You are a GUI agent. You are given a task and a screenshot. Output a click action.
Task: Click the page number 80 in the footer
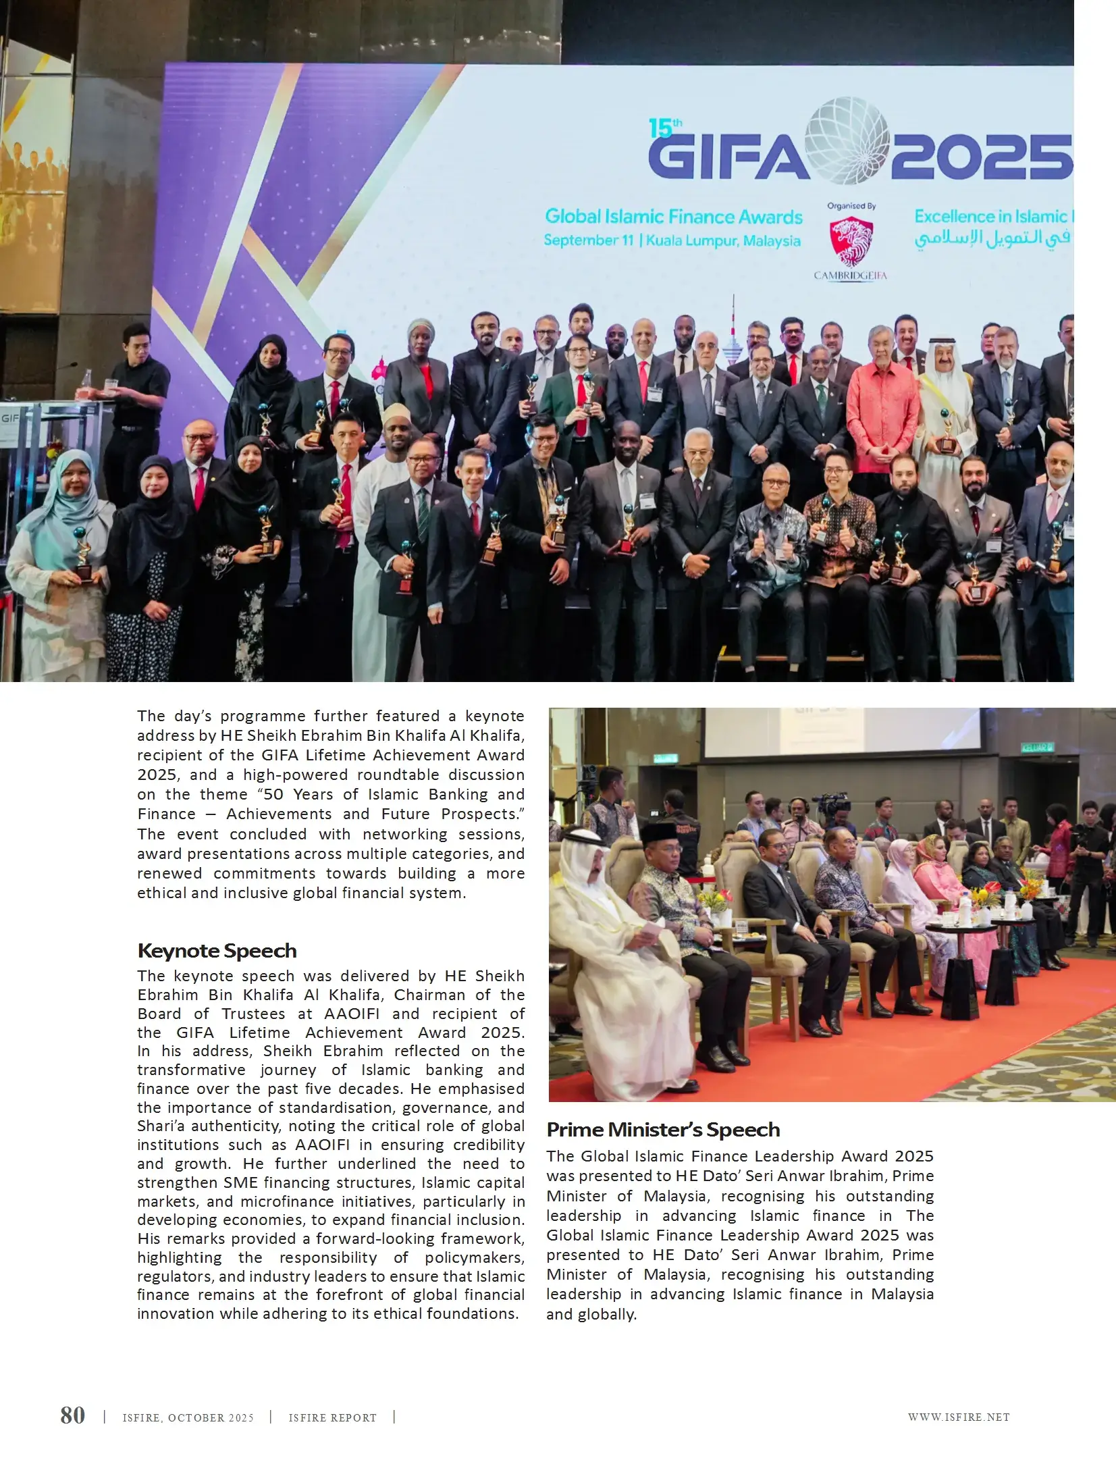click(x=73, y=1415)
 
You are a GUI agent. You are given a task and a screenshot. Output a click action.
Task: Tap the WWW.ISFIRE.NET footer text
click(x=958, y=1417)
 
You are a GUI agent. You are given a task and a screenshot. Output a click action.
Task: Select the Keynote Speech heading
click(x=217, y=951)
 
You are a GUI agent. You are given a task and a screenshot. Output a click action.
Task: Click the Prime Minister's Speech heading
click(x=663, y=1130)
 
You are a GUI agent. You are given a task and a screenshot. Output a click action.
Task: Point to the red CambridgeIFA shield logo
click(x=851, y=241)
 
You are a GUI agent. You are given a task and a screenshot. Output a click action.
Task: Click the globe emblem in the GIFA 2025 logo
click(x=849, y=140)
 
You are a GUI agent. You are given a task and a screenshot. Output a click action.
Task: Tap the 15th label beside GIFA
click(x=665, y=128)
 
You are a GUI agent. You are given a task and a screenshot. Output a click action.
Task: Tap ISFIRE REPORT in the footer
click(x=332, y=1418)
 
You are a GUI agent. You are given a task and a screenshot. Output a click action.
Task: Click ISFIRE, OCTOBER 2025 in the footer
click(x=188, y=1418)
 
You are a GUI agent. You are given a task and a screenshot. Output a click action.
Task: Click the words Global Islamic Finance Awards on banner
click(x=673, y=217)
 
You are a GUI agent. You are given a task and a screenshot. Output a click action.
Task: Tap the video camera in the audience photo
click(x=832, y=804)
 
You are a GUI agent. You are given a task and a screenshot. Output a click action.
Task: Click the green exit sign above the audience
click(x=1037, y=748)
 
